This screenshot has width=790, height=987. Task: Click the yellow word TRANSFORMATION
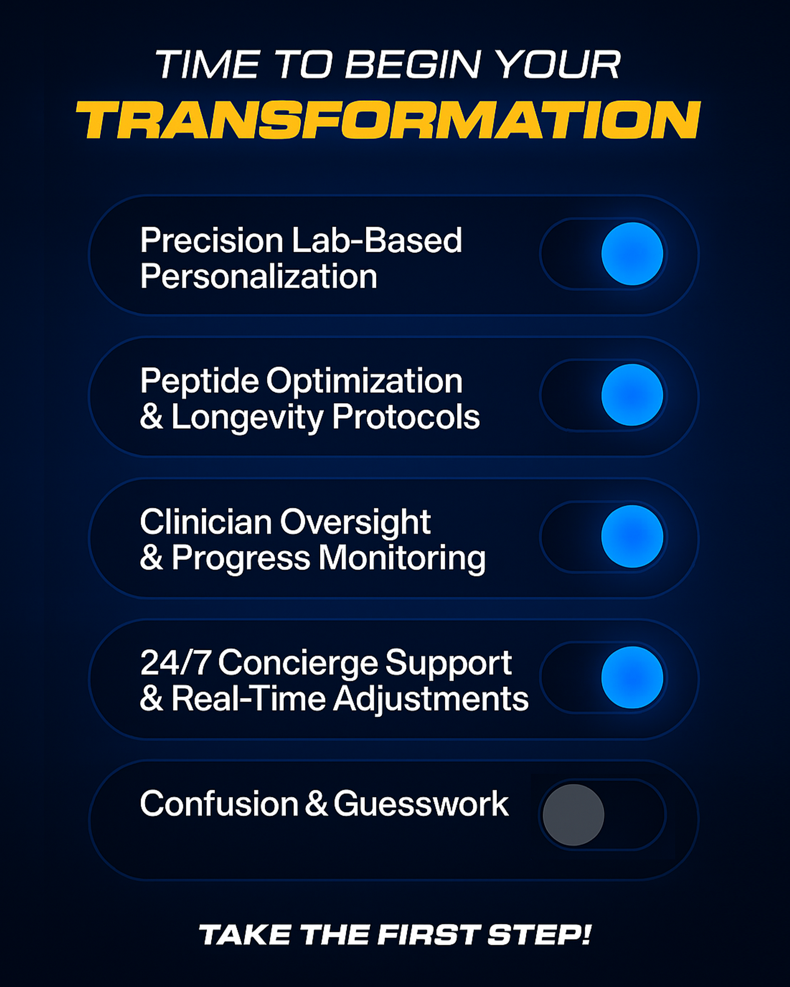(x=388, y=120)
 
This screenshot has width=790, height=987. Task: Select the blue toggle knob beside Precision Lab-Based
(x=632, y=254)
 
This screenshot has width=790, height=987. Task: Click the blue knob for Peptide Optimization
(x=632, y=395)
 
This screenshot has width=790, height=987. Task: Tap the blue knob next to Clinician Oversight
(x=632, y=536)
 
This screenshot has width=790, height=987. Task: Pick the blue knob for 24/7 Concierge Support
(x=632, y=677)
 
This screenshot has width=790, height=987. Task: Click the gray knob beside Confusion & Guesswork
(x=573, y=815)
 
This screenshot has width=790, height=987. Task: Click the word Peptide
(x=200, y=381)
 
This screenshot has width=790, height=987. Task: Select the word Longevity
(x=248, y=418)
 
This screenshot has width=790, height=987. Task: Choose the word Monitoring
(x=402, y=559)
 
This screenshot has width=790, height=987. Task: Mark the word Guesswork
(x=421, y=804)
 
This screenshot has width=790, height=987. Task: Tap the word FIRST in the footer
(x=428, y=935)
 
